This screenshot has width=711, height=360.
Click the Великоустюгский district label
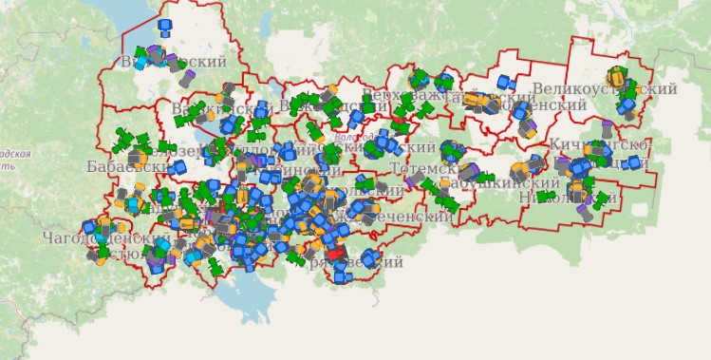[x=605, y=89]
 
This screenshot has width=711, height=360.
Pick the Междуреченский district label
[x=399, y=217]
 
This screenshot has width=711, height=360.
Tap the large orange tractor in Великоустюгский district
[x=617, y=74]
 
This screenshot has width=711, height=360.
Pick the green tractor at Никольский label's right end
[x=602, y=199]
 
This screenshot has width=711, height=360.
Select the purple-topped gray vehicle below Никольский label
[x=585, y=214]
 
